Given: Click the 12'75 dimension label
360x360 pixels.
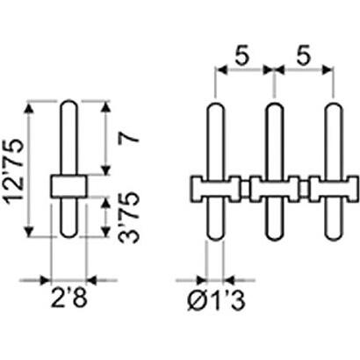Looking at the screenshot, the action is (14, 169).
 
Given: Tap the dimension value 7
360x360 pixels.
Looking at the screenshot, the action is (128, 138).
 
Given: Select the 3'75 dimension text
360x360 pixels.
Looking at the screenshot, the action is (128, 217).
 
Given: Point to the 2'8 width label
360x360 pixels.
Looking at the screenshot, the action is (69, 298).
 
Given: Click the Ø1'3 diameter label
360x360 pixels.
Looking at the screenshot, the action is (216, 300).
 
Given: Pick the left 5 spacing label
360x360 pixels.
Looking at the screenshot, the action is (242, 55).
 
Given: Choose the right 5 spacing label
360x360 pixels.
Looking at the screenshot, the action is (303, 55).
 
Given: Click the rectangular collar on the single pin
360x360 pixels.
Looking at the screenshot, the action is (69, 186).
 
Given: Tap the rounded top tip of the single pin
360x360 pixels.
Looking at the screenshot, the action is (69, 101).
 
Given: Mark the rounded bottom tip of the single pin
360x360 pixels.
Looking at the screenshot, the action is (69, 236).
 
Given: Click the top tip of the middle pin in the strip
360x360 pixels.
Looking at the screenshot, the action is (274, 104).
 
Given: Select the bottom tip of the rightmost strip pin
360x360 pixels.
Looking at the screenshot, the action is (334, 240).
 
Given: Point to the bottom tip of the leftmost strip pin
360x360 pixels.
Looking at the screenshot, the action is (216, 240).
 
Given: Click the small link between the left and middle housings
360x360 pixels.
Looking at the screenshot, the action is (246, 189).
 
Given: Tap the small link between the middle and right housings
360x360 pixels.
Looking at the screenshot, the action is (305, 189).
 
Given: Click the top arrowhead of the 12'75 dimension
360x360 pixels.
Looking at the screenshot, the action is (28, 107).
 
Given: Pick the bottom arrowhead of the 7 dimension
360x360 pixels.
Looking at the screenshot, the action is (105, 169).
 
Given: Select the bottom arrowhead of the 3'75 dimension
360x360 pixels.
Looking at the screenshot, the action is (105, 231).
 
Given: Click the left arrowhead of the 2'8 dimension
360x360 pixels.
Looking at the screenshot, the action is (46, 280).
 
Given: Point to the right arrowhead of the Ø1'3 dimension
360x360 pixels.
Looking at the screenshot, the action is (230, 280).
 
